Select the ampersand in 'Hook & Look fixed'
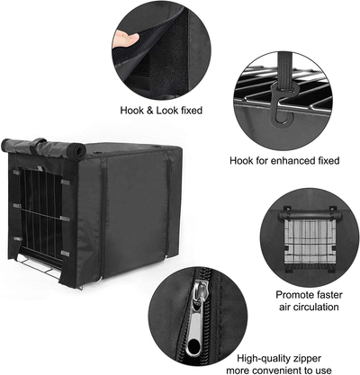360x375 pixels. point(157,111)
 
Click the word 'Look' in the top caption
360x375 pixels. point(175,111)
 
